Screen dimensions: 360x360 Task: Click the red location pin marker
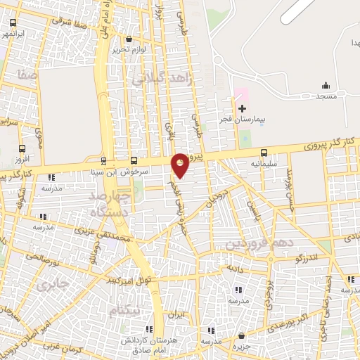(181, 165)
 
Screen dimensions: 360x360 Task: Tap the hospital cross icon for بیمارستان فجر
(243, 108)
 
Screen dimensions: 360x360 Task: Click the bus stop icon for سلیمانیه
(264, 153)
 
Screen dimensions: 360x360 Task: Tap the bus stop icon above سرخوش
(134, 160)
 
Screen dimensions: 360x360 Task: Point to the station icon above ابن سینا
(104, 160)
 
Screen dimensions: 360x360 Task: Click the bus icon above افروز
(22, 149)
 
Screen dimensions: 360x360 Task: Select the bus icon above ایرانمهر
(11, 22)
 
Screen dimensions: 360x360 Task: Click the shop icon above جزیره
(241, 335)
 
